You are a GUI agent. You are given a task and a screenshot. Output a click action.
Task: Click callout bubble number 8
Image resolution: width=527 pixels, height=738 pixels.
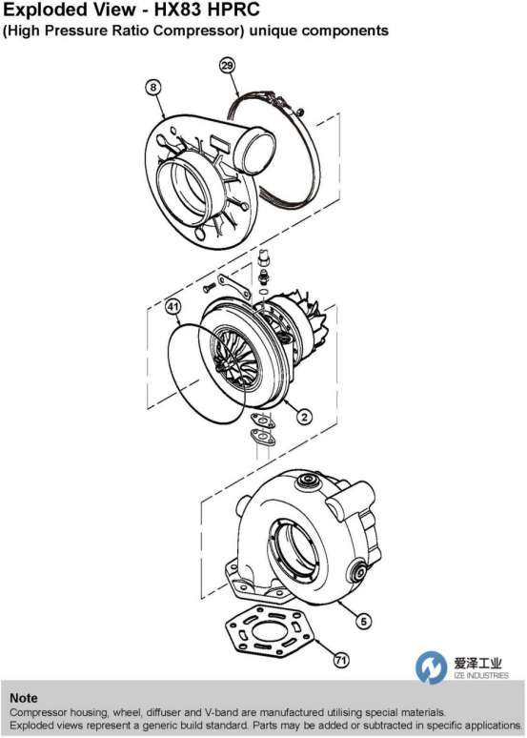point(153,88)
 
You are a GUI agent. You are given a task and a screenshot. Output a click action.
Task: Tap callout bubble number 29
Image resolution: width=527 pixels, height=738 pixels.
point(227,65)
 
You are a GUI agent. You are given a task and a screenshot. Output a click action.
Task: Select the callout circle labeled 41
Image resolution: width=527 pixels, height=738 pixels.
point(173,307)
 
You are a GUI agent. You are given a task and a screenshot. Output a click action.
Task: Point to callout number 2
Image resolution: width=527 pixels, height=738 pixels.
point(304,417)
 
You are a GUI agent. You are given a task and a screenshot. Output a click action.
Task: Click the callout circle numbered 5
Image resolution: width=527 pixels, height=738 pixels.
point(363,622)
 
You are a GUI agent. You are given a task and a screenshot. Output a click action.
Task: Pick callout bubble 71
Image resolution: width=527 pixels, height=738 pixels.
point(341,661)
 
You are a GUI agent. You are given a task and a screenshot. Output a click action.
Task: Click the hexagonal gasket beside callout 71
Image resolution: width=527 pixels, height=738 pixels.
point(270,631)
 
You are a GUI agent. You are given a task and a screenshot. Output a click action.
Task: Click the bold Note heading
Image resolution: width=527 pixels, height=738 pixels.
point(24,698)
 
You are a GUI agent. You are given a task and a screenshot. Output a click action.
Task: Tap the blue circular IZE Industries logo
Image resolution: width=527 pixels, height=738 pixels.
point(431,667)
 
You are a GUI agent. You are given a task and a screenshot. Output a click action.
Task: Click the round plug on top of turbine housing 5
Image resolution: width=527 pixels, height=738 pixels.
point(308,481)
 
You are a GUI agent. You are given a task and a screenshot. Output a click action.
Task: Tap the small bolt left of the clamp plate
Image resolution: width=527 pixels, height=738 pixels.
point(209,286)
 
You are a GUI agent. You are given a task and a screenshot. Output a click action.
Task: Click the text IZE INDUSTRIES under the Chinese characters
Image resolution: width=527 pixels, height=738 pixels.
point(481,675)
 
